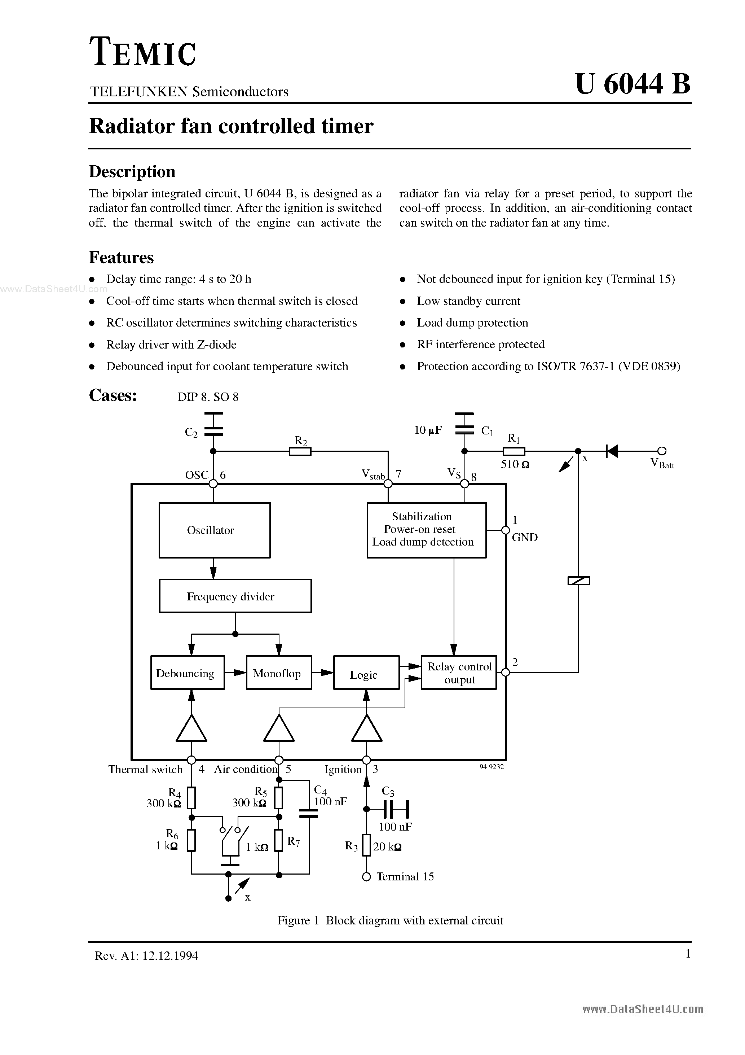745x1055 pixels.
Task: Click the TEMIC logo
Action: (x=143, y=52)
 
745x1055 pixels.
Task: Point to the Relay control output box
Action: (x=458, y=673)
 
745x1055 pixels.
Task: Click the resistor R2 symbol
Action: (x=300, y=452)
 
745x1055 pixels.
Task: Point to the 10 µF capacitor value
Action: (x=428, y=430)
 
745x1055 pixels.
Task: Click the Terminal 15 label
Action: (x=405, y=877)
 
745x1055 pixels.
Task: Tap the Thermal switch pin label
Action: (x=145, y=770)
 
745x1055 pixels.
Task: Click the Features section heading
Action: (x=121, y=257)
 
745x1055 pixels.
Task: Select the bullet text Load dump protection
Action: (x=472, y=323)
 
